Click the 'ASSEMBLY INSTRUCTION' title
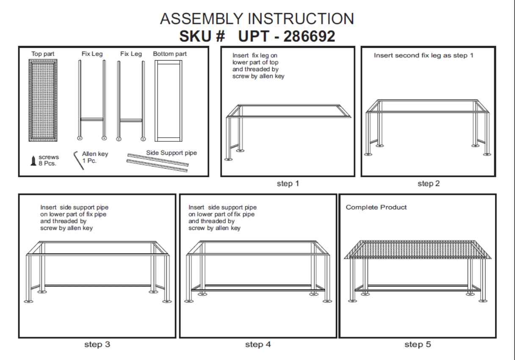pyautogui.click(x=257, y=19)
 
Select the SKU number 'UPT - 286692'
pyautogui.click(x=287, y=36)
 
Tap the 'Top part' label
pyautogui.click(x=43, y=54)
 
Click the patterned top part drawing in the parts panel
pyautogui.click(x=43, y=100)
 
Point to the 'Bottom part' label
pyautogui.click(x=170, y=54)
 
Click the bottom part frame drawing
pyautogui.click(x=168, y=100)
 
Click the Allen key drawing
pyautogui.click(x=78, y=160)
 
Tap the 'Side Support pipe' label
pyautogui.click(x=172, y=152)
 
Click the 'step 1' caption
pyautogui.click(x=288, y=183)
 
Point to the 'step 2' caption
pyautogui.click(x=429, y=183)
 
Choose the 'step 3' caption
pyautogui.click(x=97, y=344)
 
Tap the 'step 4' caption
pyautogui.click(x=257, y=344)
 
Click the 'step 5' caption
pyautogui.click(x=418, y=344)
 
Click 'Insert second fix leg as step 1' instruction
pyautogui.click(x=424, y=55)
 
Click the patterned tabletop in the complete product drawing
pyautogui.click(x=417, y=249)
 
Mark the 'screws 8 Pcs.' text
pyautogui.click(x=48, y=160)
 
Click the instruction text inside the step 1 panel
pyautogui.click(x=258, y=66)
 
